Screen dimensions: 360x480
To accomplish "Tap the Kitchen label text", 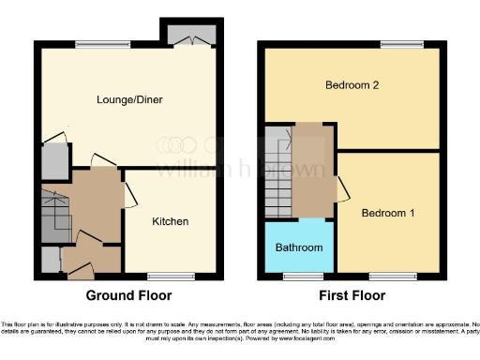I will click(x=171, y=222).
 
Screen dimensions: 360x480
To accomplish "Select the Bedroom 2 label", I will click(x=352, y=85).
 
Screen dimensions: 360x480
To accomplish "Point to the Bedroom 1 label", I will click(x=389, y=213).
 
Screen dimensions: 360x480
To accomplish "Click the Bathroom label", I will click(x=299, y=247).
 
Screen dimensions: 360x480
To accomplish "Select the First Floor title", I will click(x=352, y=295).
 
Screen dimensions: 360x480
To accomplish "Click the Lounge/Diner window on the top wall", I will click(x=90, y=43).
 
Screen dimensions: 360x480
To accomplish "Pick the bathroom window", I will click(x=299, y=276).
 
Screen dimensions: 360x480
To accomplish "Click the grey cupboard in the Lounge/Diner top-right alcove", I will click(x=191, y=35).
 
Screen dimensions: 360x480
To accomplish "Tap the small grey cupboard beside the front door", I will click(x=50, y=258).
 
